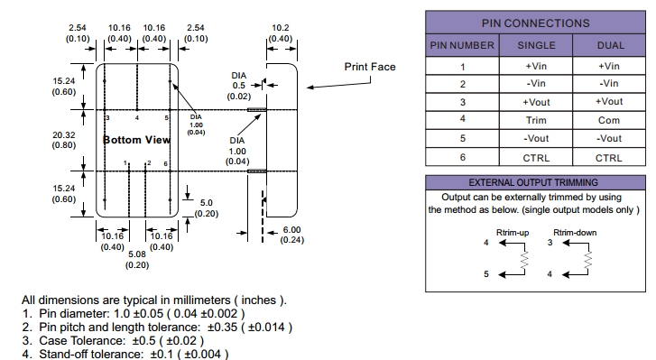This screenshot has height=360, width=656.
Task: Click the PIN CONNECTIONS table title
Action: [535, 23]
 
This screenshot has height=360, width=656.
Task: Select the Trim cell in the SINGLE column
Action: [536, 120]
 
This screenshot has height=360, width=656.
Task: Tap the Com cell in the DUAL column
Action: [609, 120]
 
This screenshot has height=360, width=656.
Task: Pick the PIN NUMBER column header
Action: [462, 45]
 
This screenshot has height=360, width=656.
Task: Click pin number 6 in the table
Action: [462, 157]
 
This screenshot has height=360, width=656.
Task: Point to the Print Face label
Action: [370, 67]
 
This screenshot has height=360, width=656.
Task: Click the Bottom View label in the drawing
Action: [136, 140]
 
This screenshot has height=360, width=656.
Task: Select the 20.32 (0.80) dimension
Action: [64, 140]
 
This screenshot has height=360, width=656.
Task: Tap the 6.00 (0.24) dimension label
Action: [292, 235]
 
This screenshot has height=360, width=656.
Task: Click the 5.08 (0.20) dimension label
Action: [137, 259]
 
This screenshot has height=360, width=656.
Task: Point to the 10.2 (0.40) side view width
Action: [281, 33]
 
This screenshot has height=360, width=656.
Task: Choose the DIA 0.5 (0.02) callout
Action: [239, 86]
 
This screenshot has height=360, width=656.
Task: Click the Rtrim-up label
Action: [513, 233]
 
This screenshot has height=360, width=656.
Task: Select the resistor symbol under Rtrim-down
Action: [587, 260]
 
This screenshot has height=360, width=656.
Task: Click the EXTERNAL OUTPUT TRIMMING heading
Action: [533, 183]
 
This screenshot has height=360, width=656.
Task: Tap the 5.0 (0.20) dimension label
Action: [207, 208]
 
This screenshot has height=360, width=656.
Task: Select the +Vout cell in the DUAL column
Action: [609, 102]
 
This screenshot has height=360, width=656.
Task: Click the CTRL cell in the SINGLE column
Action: [536, 158]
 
